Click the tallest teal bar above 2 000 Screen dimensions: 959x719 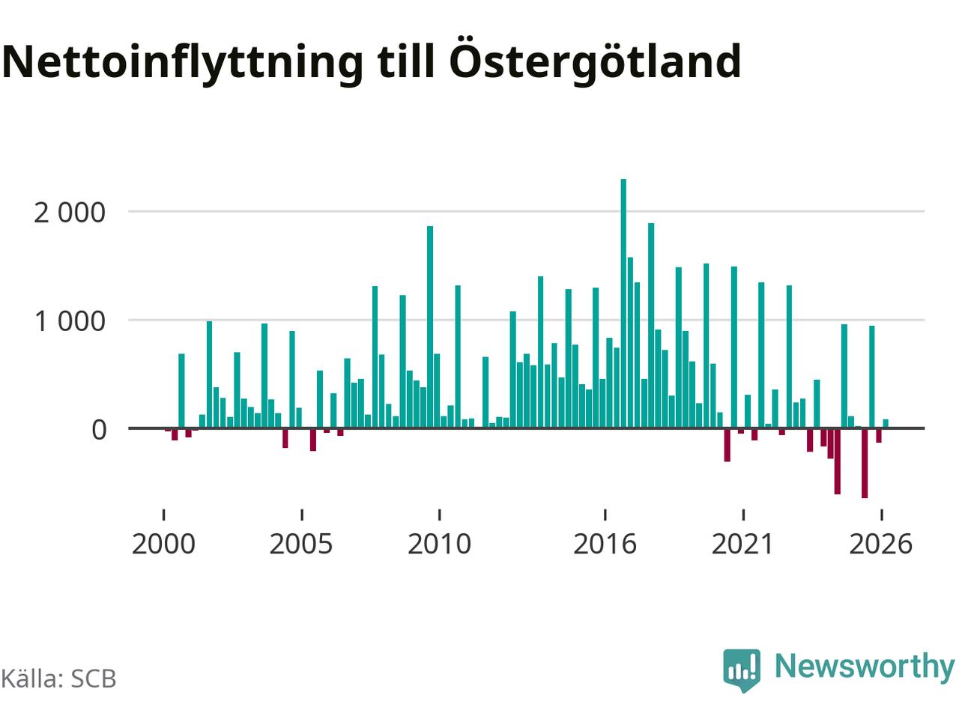pyautogui.click(x=623, y=303)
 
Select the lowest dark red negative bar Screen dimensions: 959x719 pyautogui.click(x=865, y=463)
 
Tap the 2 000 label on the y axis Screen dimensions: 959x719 pyautogui.click(x=70, y=213)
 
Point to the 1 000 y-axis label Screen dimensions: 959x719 pyautogui.click(x=70, y=322)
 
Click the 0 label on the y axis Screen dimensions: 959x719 pyautogui.click(x=99, y=430)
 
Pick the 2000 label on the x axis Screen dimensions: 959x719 pyautogui.click(x=163, y=544)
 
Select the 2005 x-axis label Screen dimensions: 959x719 pyautogui.click(x=301, y=544)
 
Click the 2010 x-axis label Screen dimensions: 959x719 pyautogui.click(x=439, y=544)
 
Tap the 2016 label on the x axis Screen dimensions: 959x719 pyautogui.click(x=605, y=544)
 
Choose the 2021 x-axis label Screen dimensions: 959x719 pyautogui.click(x=742, y=544)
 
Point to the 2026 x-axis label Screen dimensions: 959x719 pyautogui.click(x=881, y=544)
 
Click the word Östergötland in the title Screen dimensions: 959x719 pyautogui.click(x=595, y=62)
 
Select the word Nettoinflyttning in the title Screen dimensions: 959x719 pyautogui.click(x=182, y=62)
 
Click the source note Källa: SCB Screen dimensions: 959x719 pyautogui.click(x=58, y=678)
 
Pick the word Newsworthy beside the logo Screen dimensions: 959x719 pyautogui.click(x=865, y=667)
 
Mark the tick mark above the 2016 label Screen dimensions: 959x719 pyautogui.click(x=605, y=515)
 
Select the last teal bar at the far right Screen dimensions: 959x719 pyautogui.click(x=886, y=423)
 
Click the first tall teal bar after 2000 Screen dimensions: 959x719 pyautogui.click(x=181, y=391)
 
